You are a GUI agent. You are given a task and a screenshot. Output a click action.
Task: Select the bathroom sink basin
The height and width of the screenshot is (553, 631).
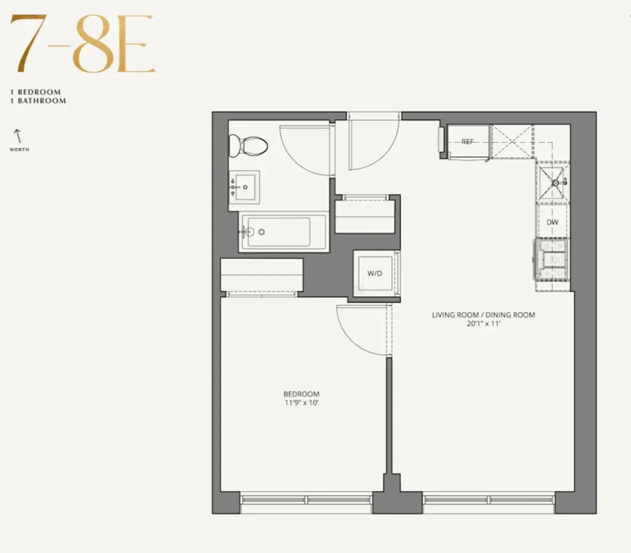coord(245,187)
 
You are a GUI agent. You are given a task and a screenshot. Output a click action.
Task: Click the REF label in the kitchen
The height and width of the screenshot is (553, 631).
coord(467,142)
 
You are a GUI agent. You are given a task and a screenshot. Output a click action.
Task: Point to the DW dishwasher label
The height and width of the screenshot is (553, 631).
coord(552,222)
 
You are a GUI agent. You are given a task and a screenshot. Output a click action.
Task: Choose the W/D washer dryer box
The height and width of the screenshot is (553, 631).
coord(375,273)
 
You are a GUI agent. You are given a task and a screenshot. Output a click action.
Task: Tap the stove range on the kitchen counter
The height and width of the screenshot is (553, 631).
coord(552,259)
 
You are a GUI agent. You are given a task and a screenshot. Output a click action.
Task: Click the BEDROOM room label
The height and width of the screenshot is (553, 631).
coord(301,394)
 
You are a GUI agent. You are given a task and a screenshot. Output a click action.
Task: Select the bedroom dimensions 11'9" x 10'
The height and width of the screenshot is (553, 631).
coord(301,403)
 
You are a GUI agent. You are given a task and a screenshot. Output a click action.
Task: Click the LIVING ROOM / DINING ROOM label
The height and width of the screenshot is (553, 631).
coord(483,315)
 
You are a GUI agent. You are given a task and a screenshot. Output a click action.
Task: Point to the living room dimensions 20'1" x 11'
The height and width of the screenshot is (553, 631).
coord(483,323)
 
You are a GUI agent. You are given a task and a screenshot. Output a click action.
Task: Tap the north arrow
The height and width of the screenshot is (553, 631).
coord(19,136)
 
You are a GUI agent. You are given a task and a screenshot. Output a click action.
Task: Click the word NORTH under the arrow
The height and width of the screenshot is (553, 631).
coord(20,150)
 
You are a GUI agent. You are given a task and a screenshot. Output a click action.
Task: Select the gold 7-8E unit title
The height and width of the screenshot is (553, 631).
coord(83,45)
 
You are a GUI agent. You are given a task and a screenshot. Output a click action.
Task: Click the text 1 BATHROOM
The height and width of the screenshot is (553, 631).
coord(38,101)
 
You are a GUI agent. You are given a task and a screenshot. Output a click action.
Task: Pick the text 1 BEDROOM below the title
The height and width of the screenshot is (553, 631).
coord(36,92)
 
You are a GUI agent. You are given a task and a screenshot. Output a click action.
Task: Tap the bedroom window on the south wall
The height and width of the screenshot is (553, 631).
coord(306,500)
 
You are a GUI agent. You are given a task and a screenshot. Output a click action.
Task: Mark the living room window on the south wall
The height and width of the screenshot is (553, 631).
coord(489,500)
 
